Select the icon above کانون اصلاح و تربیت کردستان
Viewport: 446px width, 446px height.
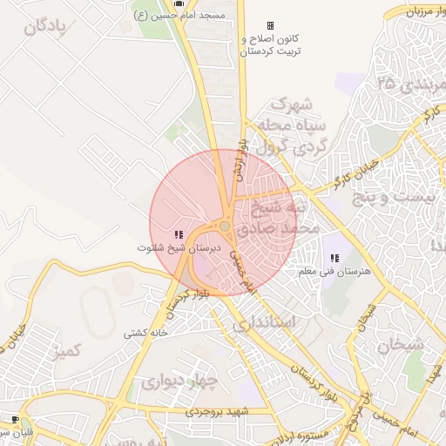point(270,25)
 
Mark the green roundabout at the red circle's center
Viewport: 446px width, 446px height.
point(225,226)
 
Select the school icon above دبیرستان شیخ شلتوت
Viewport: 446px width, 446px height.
point(178,234)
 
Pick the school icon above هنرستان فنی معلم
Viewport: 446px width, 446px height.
point(335,258)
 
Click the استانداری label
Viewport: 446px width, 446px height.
point(265,323)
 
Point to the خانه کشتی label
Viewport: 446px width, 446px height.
point(145,333)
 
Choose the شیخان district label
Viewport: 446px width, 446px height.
point(401,345)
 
